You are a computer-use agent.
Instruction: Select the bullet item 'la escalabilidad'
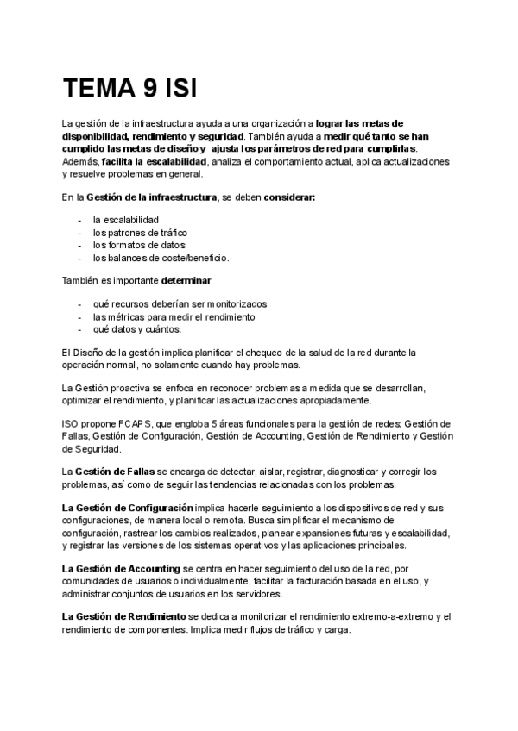125,220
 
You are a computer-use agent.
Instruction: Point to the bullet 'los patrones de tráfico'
139,232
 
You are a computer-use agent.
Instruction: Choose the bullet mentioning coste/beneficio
161,257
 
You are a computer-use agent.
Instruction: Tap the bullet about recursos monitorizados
180,303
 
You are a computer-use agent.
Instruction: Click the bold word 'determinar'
186,280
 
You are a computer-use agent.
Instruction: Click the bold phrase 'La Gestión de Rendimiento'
123,617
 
